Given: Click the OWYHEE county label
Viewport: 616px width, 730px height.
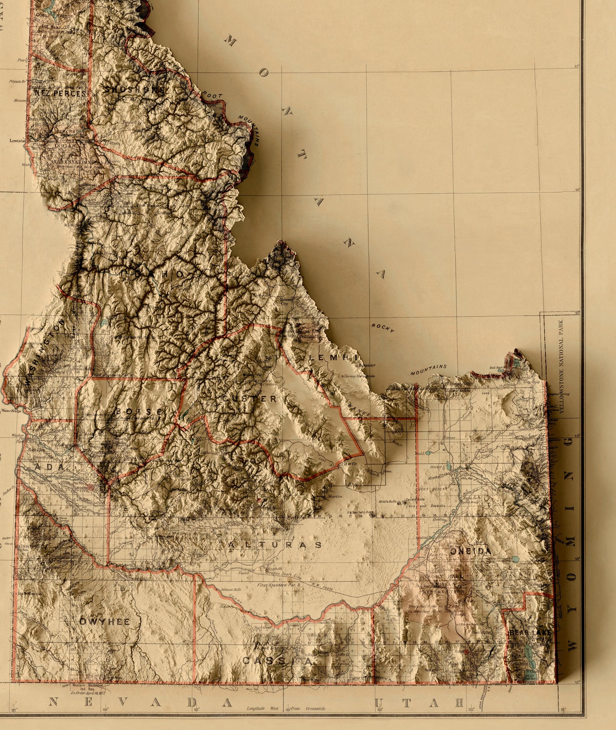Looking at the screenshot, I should [104, 621].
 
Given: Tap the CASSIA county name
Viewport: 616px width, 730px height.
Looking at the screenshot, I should [277, 661].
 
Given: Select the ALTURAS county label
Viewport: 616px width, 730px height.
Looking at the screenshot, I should [275, 545].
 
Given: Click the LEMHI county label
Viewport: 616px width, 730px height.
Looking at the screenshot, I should [332, 357].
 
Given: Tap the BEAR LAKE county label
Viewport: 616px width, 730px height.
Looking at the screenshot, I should [530, 633].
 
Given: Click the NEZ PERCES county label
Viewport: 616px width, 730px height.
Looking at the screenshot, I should [60, 94].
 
